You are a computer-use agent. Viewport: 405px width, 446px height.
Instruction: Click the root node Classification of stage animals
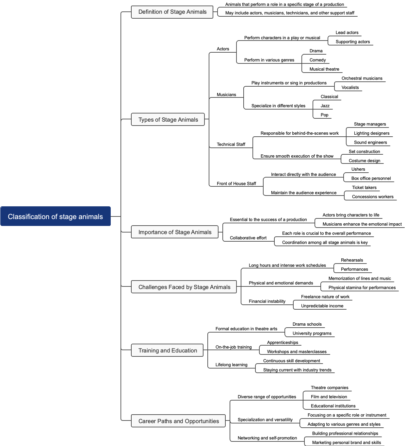pyautogui.click(x=56, y=216)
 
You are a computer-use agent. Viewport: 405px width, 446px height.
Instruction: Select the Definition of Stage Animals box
pyautogui.click(x=172, y=12)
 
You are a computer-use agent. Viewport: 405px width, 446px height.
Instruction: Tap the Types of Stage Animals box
pyautogui.click(x=168, y=120)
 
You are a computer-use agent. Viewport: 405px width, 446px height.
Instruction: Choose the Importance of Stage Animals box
pyautogui.click(x=175, y=232)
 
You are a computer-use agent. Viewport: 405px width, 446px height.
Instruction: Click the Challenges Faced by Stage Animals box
pyautogui.click(x=184, y=287)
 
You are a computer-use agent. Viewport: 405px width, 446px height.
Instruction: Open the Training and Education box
pyautogui.click(x=168, y=351)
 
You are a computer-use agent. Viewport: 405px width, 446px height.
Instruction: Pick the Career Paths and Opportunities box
pyautogui.click(x=178, y=421)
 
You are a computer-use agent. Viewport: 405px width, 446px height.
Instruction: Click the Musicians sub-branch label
pyautogui.click(x=226, y=95)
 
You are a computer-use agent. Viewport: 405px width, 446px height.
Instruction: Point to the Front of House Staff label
pyautogui.click(x=236, y=184)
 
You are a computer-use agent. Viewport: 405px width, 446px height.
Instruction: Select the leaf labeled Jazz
pyautogui.click(x=325, y=106)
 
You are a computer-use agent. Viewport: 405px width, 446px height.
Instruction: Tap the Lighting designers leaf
pyautogui.click(x=371, y=133)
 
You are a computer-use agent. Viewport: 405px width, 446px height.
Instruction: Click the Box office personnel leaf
pyautogui.click(x=371, y=179)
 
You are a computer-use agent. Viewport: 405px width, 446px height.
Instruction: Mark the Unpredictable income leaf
pyautogui.click(x=322, y=306)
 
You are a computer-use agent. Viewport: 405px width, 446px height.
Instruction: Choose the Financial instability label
pyautogui.click(x=267, y=301)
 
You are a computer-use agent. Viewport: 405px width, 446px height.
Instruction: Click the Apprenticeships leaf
pyautogui.click(x=283, y=343)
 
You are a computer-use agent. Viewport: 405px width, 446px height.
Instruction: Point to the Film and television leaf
pyautogui.click(x=329, y=397)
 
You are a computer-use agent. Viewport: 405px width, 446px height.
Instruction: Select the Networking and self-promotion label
pyautogui.click(x=267, y=438)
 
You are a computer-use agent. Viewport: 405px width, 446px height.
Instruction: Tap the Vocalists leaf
pyautogui.click(x=350, y=88)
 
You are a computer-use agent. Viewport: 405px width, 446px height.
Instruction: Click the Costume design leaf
pyautogui.click(x=364, y=161)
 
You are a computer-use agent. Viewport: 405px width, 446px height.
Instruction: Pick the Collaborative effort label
pyautogui.click(x=248, y=238)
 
